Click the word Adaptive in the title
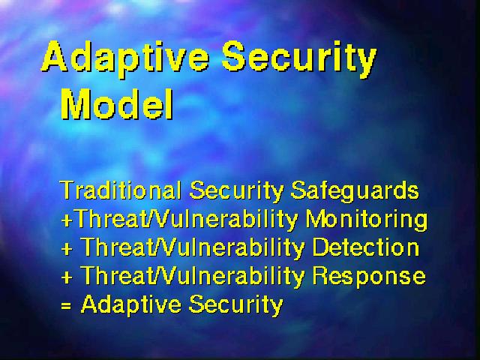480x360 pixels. (x=125, y=58)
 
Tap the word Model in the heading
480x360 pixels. (x=117, y=104)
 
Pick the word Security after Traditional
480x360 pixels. (x=236, y=191)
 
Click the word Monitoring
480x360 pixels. (x=367, y=220)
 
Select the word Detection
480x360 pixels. (x=366, y=247)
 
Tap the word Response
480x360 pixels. (x=369, y=277)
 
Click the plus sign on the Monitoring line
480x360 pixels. (x=67, y=220)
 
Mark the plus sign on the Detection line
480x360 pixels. (x=67, y=249)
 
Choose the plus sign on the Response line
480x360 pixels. (x=67, y=277)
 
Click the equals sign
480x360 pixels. (x=66, y=305)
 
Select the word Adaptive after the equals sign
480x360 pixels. (x=131, y=305)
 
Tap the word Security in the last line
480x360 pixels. (x=235, y=305)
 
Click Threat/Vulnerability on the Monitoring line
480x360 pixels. (x=186, y=220)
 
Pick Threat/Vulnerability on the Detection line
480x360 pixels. (x=193, y=248)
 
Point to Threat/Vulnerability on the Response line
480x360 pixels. (x=193, y=277)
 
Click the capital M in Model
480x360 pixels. (x=76, y=104)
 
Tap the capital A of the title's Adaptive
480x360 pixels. (x=55, y=56)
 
